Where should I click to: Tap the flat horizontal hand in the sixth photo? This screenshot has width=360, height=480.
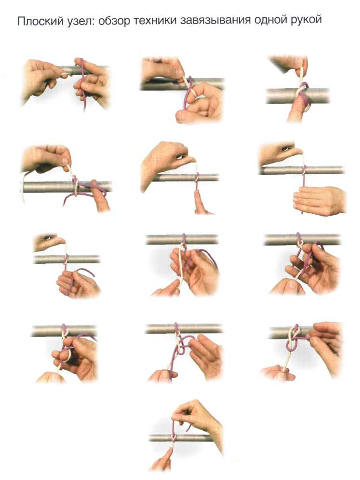pos(319,200)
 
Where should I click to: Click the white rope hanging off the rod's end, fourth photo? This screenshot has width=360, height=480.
pos(23,187)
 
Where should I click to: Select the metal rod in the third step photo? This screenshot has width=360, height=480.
pos(297,96)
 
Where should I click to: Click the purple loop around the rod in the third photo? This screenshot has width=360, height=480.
pos(304,91)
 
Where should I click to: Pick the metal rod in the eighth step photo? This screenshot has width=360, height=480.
pos(182,239)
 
